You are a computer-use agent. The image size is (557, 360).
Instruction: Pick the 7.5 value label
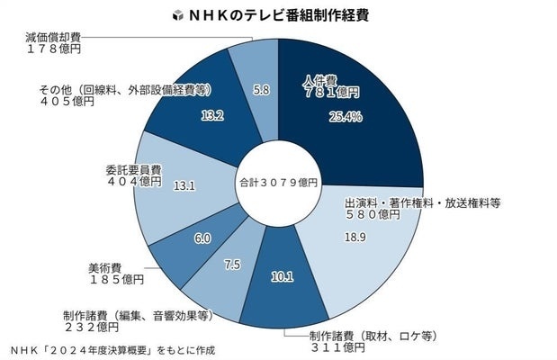click(232, 265)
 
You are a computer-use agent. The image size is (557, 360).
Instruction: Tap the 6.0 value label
click(202, 238)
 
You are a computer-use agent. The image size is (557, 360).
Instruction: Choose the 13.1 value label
click(184, 185)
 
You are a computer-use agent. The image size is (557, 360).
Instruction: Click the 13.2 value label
click(212, 115)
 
